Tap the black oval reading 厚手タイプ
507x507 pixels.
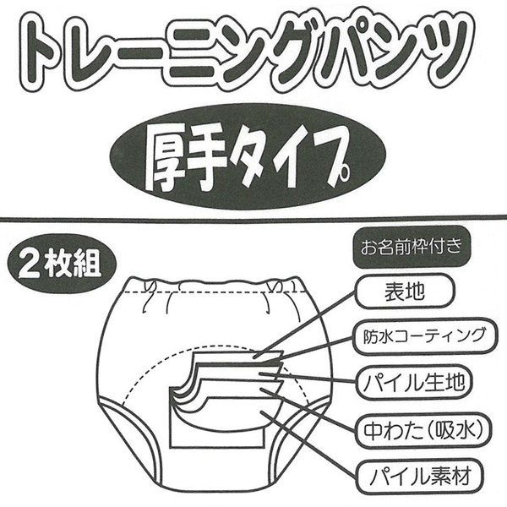253,157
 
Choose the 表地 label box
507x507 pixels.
408,296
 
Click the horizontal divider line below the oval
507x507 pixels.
253,221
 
